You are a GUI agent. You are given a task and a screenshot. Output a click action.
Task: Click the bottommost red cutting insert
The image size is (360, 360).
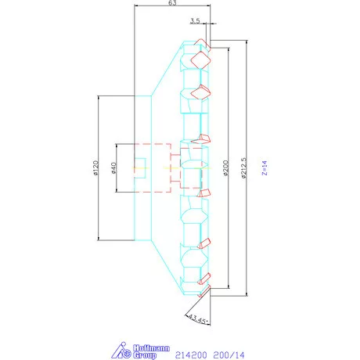click(205, 290)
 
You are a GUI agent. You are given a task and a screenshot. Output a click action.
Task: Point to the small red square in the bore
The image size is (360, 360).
click(139, 167)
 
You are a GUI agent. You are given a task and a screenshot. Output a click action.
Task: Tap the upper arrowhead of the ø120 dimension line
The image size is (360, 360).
click(98, 98)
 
